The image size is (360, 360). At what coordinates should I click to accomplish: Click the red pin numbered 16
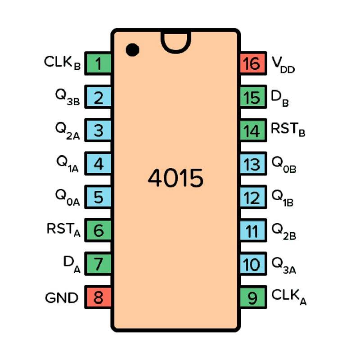[x=253, y=64]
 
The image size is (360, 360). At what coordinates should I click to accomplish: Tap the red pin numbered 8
[x=99, y=297]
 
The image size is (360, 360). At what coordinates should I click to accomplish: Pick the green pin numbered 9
[x=253, y=297]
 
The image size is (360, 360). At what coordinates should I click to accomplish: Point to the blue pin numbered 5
[x=99, y=198]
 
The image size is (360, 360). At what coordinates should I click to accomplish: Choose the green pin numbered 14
[x=253, y=131]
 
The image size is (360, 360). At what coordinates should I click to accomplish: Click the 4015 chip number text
[x=175, y=179]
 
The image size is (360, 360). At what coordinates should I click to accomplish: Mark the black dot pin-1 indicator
[x=132, y=49]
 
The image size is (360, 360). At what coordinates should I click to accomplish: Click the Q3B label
[x=67, y=97]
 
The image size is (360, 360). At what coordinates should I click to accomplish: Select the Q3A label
[x=283, y=265]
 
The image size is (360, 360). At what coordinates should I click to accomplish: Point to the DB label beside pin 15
[x=279, y=98]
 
